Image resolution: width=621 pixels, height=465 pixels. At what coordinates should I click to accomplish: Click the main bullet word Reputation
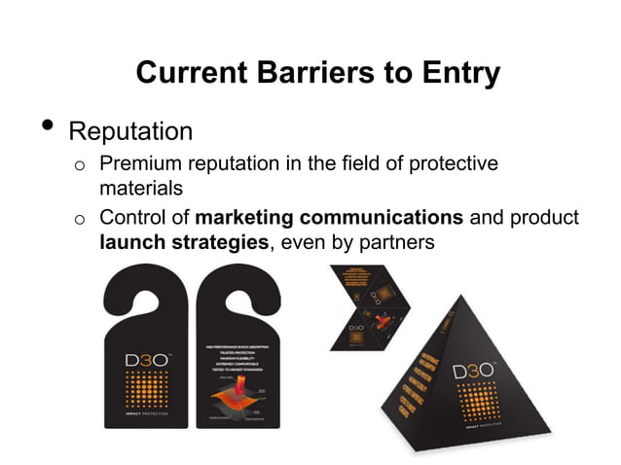130,131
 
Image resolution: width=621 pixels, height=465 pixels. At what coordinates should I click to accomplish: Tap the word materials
140,187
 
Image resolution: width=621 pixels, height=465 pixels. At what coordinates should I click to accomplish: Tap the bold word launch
129,240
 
